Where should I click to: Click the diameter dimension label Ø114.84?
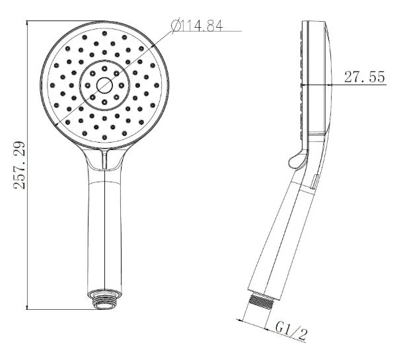(x=197, y=26)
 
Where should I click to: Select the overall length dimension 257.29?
(x=19, y=165)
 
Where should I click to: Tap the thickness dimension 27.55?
(x=365, y=77)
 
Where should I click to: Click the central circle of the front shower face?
(x=104, y=85)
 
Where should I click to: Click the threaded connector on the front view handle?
(x=104, y=299)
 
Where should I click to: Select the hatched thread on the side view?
(x=261, y=301)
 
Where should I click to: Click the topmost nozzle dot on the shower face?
(x=104, y=33)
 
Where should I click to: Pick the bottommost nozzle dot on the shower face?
(x=104, y=137)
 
